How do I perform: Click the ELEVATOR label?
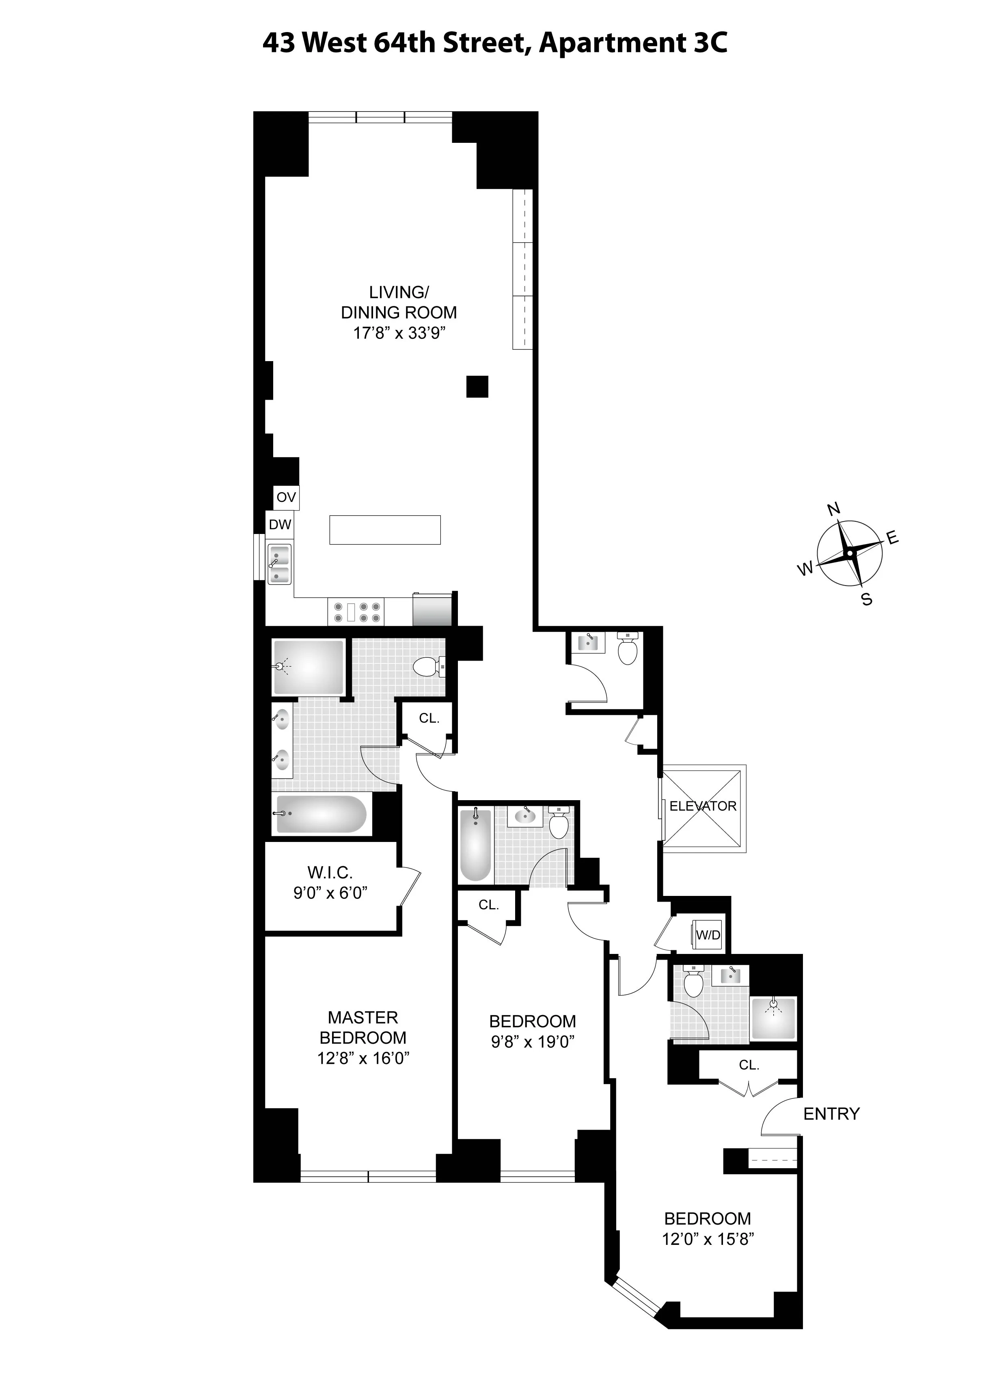[x=703, y=806]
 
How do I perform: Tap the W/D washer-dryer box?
[x=708, y=935]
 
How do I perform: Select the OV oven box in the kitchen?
[x=286, y=497]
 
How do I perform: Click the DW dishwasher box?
[x=280, y=524]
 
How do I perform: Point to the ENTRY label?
[x=831, y=1114]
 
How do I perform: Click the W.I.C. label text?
[x=330, y=873]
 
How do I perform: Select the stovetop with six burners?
[x=356, y=612]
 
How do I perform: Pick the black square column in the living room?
[x=477, y=386]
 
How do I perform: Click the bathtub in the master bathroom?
[x=322, y=814]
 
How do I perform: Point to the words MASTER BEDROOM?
[x=363, y=1027]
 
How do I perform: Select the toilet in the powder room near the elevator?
[x=627, y=649]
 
